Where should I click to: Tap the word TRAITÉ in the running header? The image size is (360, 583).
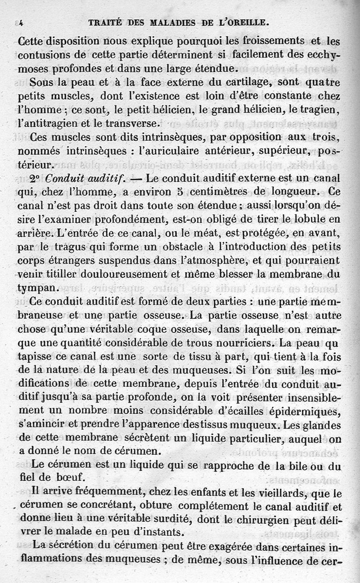click(x=105, y=21)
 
